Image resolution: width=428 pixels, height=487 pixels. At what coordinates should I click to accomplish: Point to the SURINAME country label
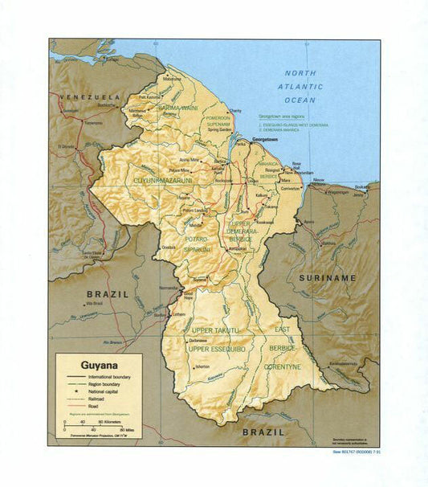pos(327,277)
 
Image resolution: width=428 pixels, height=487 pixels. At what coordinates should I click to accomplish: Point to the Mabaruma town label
pos(173,79)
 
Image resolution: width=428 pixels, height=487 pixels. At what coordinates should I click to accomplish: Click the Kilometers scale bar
pos(88,422)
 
